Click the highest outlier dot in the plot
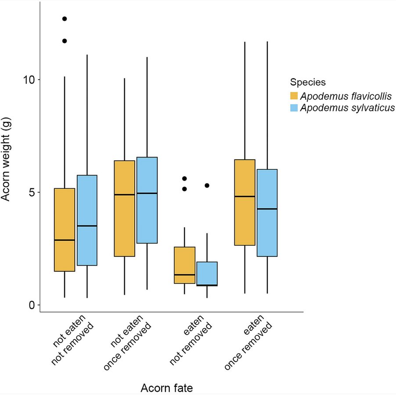(x=65, y=19)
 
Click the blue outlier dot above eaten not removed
(x=207, y=186)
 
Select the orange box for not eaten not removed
(x=65, y=230)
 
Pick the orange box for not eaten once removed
(x=124, y=208)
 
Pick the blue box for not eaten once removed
(x=147, y=200)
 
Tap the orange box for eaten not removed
(x=184, y=265)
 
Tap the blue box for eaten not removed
(x=207, y=273)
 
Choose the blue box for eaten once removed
(x=267, y=212)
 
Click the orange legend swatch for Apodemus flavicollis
(x=294, y=96)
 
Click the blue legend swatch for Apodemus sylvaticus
(x=294, y=108)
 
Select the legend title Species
(x=307, y=82)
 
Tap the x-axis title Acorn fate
(x=166, y=388)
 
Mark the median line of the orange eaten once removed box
(x=245, y=197)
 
